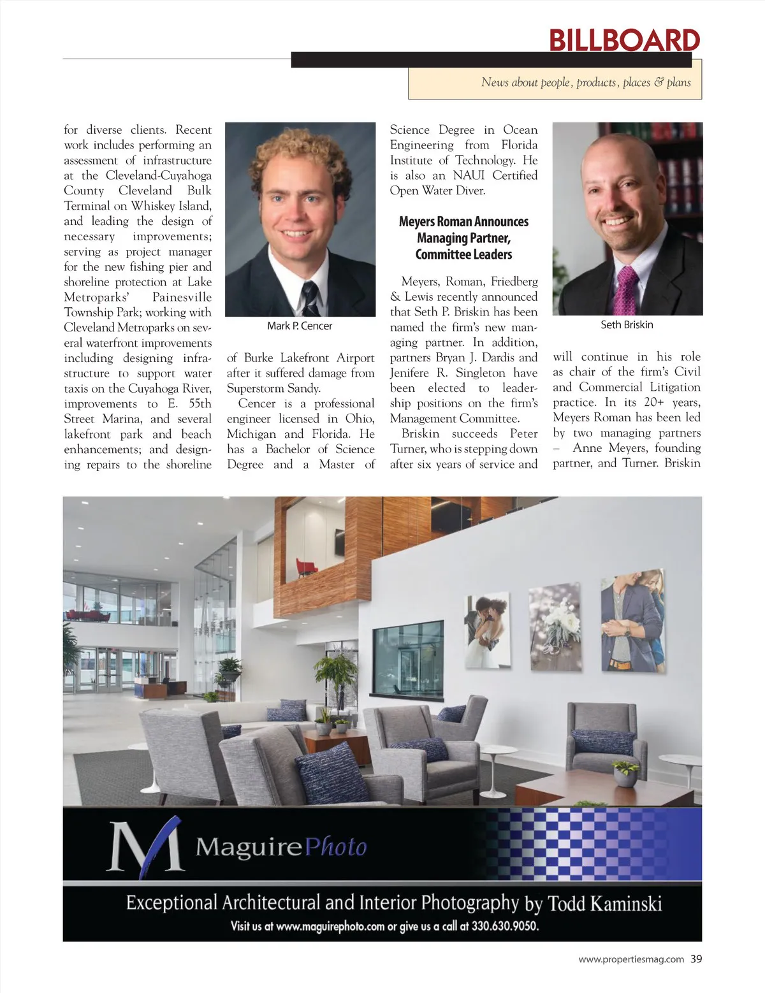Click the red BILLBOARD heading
[x=624, y=40]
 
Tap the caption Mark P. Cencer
[x=300, y=326]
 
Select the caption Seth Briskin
[x=627, y=324]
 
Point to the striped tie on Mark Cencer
[x=310, y=296]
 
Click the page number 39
[x=696, y=959]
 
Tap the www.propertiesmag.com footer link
[x=631, y=959]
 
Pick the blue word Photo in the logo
[x=336, y=847]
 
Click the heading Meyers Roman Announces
[x=463, y=222]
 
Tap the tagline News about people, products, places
[x=586, y=82]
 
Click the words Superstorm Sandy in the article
[x=273, y=388]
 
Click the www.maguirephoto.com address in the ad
[x=330, y=926]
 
